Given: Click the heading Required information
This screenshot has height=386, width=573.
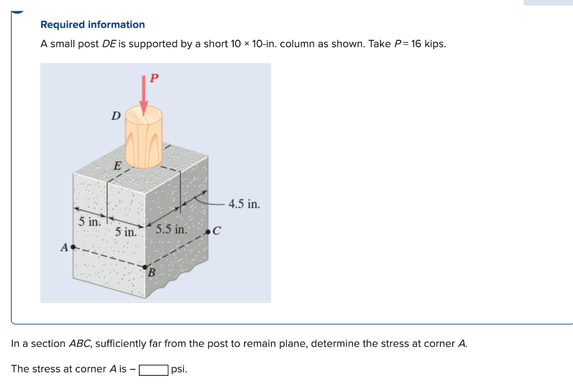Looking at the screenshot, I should coord(92,25).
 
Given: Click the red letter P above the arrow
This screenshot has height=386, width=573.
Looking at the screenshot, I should coord(154,78).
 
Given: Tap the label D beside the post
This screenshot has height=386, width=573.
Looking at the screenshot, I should coord(116,116).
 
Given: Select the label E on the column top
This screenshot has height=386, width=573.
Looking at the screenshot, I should coord(117,165).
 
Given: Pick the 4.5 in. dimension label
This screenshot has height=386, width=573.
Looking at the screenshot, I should coord(245,204).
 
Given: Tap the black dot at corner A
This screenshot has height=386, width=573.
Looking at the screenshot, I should coord(73,246).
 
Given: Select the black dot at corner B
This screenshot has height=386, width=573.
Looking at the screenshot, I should coord(145,267).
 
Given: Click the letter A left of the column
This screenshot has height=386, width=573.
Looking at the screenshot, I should coord(64,247).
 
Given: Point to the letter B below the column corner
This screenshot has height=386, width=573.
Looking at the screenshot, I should coord(151,274).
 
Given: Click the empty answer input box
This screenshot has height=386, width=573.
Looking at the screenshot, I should coord(154,370).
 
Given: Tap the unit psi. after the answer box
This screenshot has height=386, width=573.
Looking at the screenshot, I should coord(179,369).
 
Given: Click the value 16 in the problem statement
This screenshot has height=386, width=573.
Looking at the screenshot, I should coord(416,44).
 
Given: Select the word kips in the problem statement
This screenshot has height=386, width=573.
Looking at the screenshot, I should coord(435,44).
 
